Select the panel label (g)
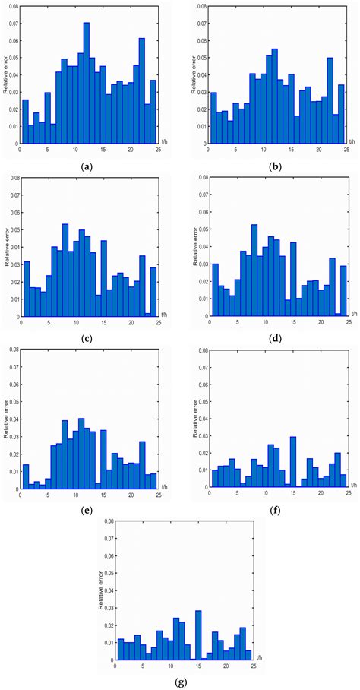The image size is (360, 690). tap(180, 681)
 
